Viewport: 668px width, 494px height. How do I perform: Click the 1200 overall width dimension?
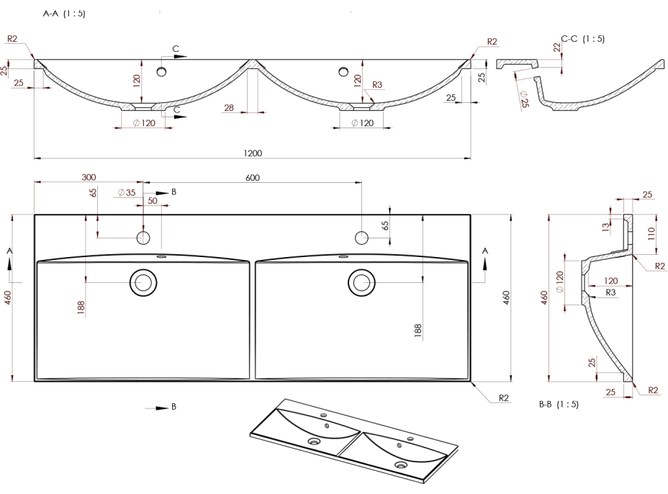[253, 153]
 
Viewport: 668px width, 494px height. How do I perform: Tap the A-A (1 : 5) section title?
[64, 14]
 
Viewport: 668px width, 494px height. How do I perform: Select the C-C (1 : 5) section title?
[583, 38]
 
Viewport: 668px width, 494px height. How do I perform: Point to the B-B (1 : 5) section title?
[559, 405]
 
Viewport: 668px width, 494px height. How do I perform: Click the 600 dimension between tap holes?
[253, 177]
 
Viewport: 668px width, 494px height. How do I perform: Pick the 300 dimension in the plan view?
[89, 177]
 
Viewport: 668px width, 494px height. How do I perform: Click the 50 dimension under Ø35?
[153, 202]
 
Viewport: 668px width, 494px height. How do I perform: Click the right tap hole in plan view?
[361, 237]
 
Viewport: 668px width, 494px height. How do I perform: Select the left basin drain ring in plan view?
[143, 282]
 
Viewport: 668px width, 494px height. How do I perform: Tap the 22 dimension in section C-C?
[557, 48]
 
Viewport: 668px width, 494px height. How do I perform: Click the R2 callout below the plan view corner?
[503, 398]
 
